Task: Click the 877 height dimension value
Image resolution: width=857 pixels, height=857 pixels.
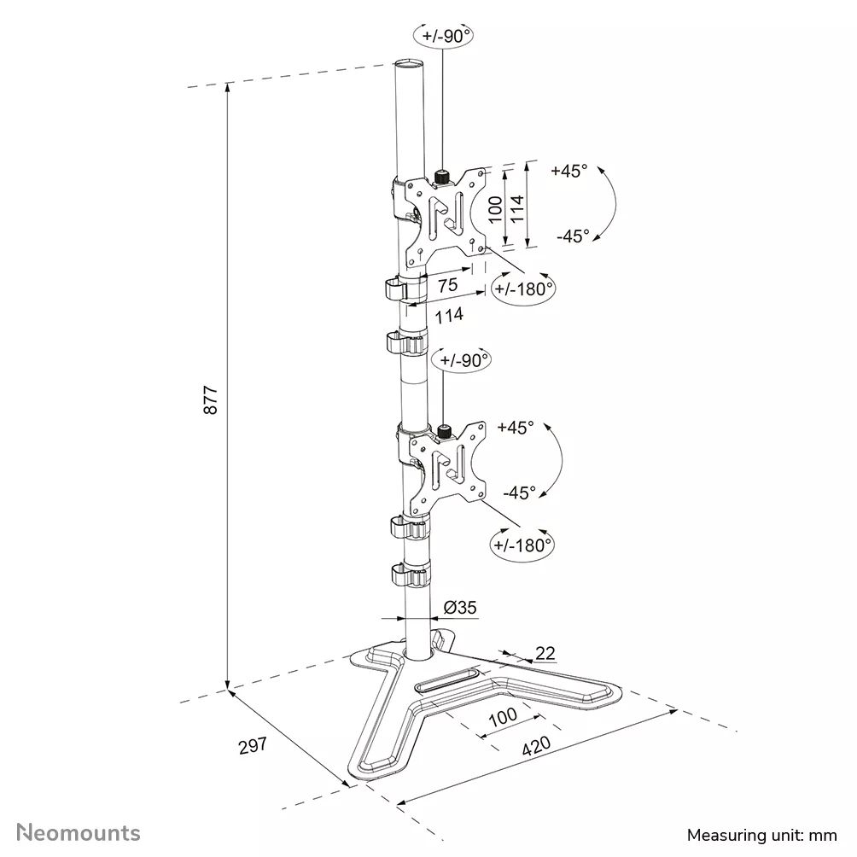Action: coord(212,399)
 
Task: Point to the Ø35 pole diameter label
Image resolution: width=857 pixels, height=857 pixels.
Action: coord(460,608)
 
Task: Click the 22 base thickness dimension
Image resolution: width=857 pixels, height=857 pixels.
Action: coord(545,653)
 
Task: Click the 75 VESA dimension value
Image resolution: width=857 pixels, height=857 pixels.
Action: coord(447,286)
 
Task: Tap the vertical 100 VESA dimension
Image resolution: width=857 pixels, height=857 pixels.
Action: coord(495,207)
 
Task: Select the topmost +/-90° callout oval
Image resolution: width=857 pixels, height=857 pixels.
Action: coord(443,35)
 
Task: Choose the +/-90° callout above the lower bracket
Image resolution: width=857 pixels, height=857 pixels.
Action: coord(463,359)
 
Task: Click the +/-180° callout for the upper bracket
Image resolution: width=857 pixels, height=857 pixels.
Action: coord(522,289)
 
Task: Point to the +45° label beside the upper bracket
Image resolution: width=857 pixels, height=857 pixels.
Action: coord(569,170)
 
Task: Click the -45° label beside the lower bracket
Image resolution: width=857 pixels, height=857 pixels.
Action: coord(519,492)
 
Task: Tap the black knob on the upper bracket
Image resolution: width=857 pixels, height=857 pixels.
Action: coord(442,178)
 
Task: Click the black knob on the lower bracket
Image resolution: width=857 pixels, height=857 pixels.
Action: coord(444,431)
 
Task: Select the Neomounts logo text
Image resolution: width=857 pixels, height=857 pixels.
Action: coord(79,831)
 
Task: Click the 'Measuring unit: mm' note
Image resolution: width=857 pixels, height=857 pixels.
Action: coord(762,833)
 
